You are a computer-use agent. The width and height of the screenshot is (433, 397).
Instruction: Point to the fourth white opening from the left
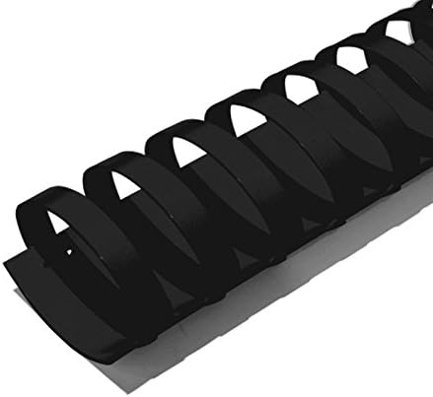tap(240, 119)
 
